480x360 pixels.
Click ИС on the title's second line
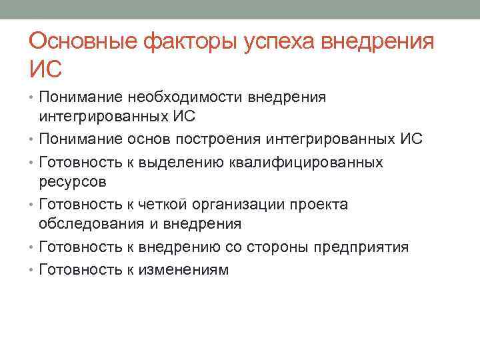[x=45, y=69]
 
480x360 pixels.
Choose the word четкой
[x=157, y=204]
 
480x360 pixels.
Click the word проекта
[x=321, y=204]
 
